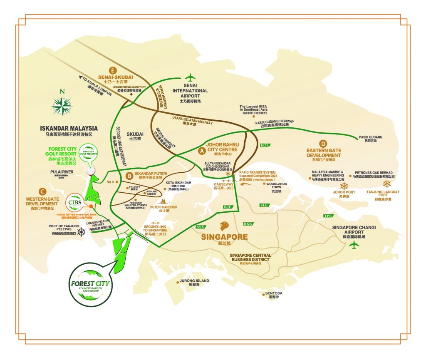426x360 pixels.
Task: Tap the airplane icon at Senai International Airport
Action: [x=191, y=77]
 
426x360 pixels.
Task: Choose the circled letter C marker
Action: [x=41, y=192]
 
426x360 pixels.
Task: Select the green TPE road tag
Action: [x=328, y=216]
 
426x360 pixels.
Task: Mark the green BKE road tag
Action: [x=248, y=224]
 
